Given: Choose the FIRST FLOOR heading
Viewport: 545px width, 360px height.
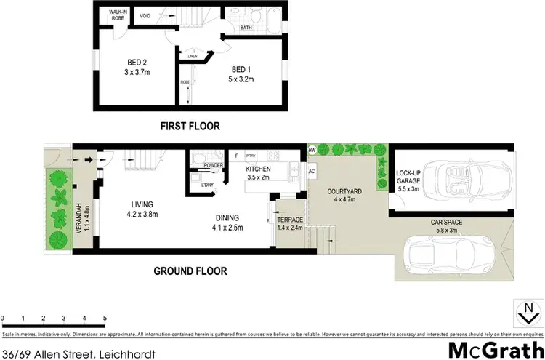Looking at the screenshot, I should pos(190,125).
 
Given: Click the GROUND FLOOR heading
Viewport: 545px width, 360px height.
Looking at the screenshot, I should pos(190,271).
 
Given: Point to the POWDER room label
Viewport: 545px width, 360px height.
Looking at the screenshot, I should pos(213,165).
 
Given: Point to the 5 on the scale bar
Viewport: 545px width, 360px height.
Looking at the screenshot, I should pos(105,319).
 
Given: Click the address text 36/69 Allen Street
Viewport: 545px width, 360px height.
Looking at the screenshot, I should pos(52,353).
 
